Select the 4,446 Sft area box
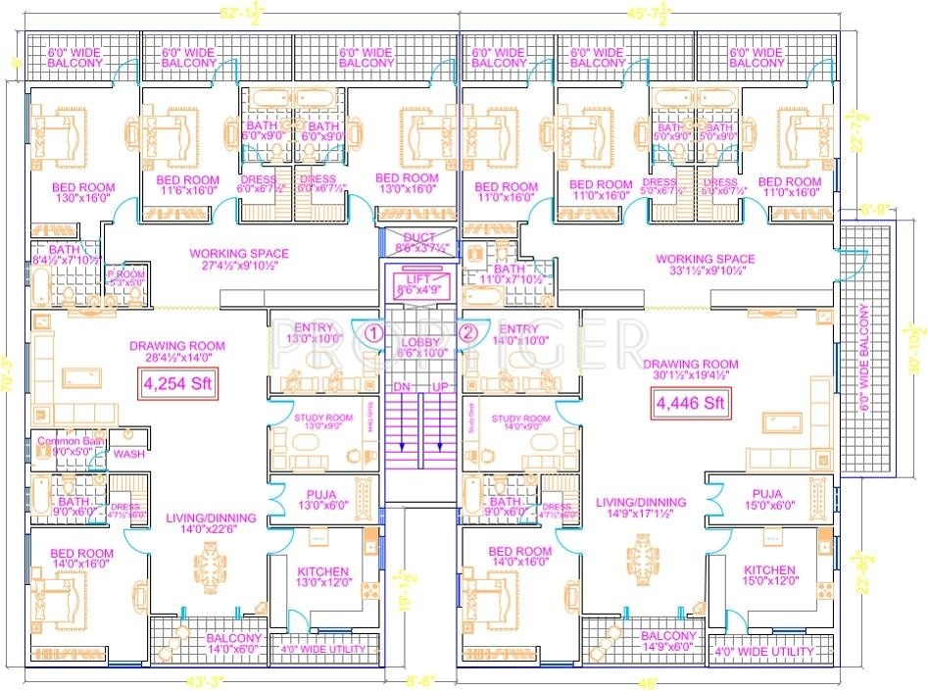click(690, 402)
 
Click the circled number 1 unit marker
click(373, 332)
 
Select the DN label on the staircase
click(400, 387)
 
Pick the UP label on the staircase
click(440, 387)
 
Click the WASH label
click(128, 455)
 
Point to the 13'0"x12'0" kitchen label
click(322, 578)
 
